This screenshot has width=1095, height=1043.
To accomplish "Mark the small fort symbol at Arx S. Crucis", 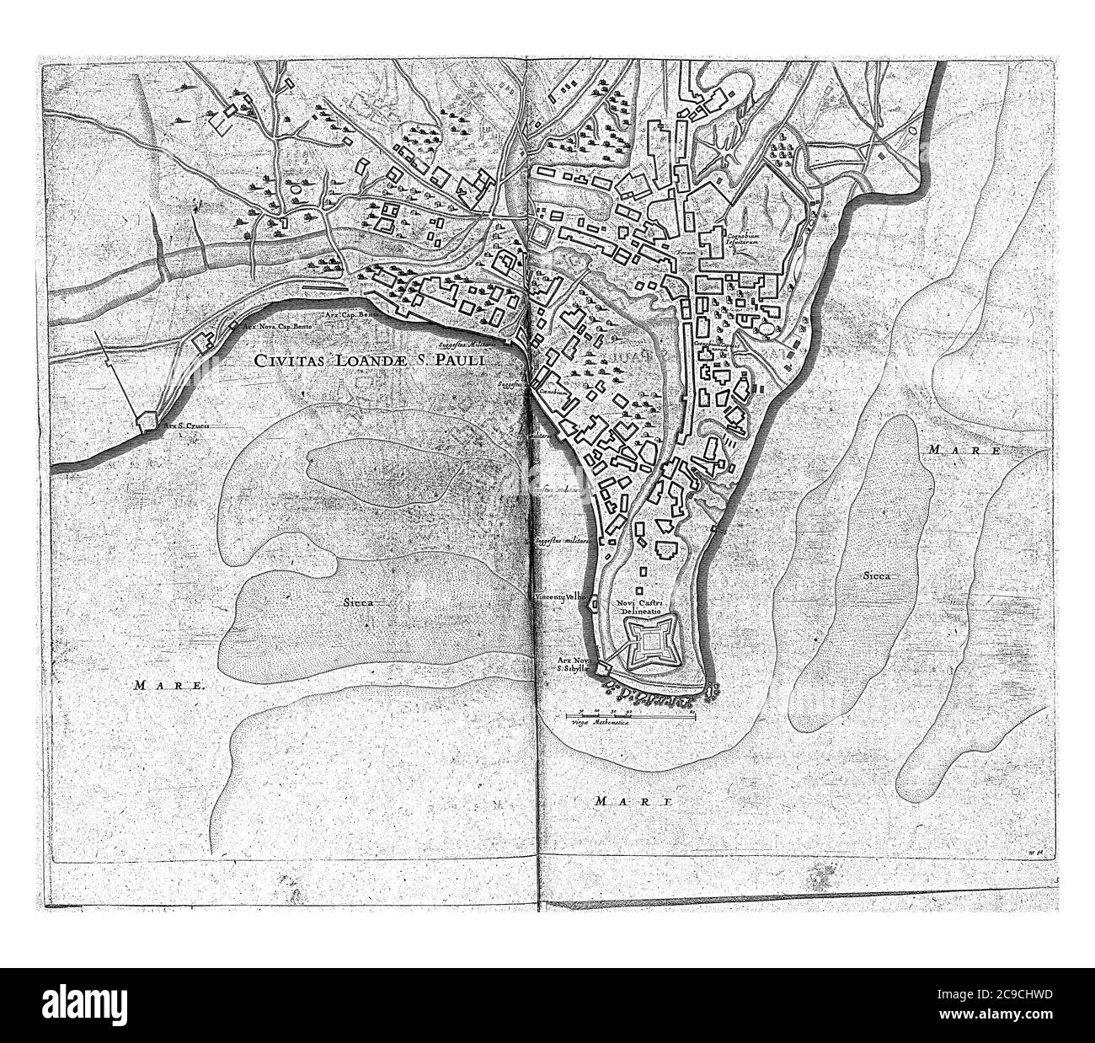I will pos(145,418).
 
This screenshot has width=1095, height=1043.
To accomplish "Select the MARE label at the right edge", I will pos(962,451).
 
